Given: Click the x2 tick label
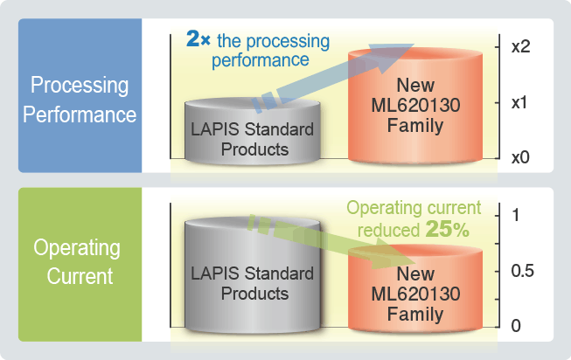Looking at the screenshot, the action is [x=520, y=46].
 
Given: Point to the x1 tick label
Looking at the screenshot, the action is [x=519, y=102].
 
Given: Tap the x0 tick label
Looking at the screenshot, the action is [x=520, y=157].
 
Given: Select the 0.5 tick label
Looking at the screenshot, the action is [x=523, y=271].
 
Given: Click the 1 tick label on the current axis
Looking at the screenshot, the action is [x=516, y=215].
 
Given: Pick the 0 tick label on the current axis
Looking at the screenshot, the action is [x=516, y=326].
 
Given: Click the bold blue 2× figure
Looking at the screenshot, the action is [x=198, y=38].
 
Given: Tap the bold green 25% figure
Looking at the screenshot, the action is [x=447, y=229].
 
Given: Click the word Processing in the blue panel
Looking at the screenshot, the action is [x=80, y=85].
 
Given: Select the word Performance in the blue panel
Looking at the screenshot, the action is [x=80, y=114].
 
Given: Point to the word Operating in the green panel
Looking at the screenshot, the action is [x=77, y=249].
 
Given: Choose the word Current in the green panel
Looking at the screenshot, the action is [x=80, y=276].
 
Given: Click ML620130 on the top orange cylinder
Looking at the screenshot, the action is [x=415, y=106].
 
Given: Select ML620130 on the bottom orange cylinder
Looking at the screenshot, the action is [x=415, y=294].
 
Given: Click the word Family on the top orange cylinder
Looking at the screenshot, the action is [x=415, y=126].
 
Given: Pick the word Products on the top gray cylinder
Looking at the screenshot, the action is [x=255, y=149].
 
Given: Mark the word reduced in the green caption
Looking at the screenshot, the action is [x=388, y=231].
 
